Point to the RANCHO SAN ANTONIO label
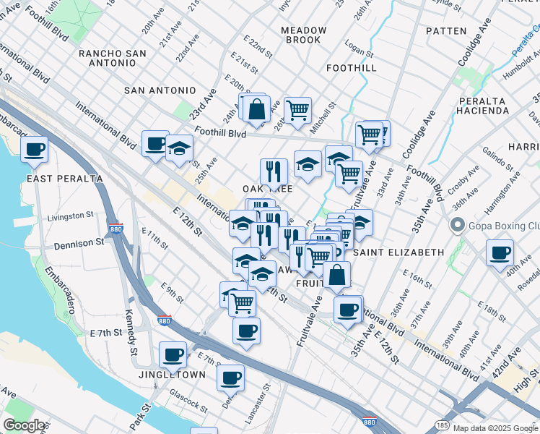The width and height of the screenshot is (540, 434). pyautogui.click(x=113, y=59)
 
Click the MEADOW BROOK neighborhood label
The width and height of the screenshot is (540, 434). pyautogui.click(x=303, y=35)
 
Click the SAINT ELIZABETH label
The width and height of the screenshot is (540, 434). pyautogui.click(x=399, y=252)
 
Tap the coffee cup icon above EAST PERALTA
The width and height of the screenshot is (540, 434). pyautogui.click(x=34, y=150)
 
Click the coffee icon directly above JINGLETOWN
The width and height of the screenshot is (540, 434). pyautogui.click(x=173, y=354)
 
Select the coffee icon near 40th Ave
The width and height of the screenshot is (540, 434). pyautogui.click(x=500, y=253)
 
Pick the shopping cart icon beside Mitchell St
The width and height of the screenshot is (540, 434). pyautogui.click(x=297, y=110)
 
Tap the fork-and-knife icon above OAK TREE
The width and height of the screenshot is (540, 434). pyautogui.click(x=274, y=171)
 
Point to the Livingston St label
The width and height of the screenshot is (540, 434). pyautogui.click(x=71, y=216)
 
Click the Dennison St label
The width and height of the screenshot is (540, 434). pyautogui.click(x=79, y=244)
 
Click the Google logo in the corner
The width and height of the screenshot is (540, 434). pyautogui.click(x=24, y=425)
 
